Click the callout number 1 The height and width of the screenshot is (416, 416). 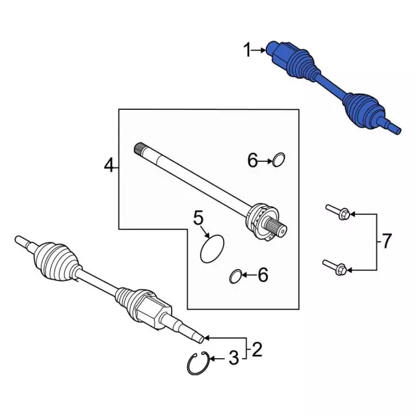247,49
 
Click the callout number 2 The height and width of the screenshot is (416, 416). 257,351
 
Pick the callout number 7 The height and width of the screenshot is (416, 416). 386,242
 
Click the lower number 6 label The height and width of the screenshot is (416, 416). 263,276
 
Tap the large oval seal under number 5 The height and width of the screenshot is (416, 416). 211,249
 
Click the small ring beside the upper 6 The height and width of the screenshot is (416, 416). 279,159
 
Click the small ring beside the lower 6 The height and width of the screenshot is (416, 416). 235,278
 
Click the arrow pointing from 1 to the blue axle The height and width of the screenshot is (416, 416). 260,49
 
